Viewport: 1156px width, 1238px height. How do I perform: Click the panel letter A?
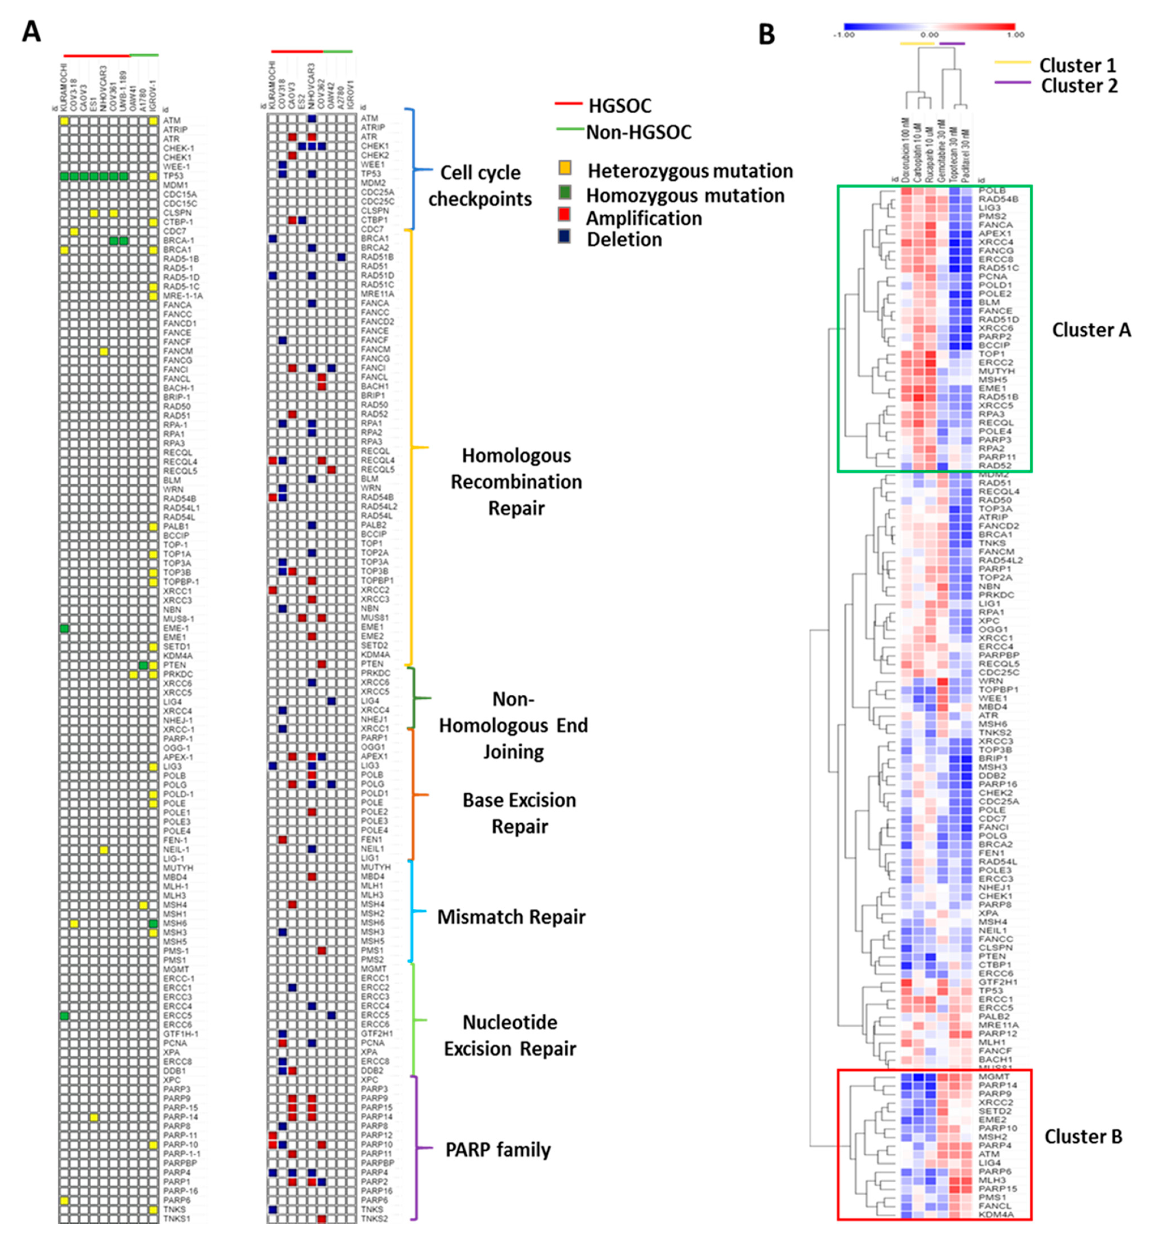coord(31,31)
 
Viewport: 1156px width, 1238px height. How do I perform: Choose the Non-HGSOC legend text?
coord(638,132)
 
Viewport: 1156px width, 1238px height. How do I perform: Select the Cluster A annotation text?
coord(1091,330)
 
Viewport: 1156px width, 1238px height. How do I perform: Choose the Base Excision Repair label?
coord(519,813)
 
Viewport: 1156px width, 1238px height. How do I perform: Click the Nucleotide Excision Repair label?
coord(510,1036)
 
